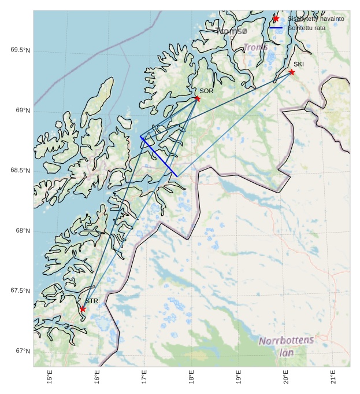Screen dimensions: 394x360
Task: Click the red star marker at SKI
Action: (291, 72)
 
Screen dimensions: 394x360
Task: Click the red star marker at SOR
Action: (197, 98)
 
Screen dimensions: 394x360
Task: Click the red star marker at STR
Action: (83, 309)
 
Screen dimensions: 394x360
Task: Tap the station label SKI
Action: (298, 64)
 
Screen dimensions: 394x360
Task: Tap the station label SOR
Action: (206, 91)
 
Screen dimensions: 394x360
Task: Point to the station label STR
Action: (91, 301)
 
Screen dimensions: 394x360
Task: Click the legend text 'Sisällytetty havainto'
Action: (316, 19)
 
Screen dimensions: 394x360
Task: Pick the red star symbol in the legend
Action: (276, 19)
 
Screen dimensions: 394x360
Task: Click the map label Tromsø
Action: (231, 31)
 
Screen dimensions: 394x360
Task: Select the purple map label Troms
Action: (255, 47)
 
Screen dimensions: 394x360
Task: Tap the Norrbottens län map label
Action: (286, 346)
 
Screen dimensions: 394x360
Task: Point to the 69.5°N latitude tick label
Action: (20, 50)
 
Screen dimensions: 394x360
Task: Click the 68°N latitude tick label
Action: (23, 231)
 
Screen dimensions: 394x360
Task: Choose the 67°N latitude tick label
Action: (23, 351)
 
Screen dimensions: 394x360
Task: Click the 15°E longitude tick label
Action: (50, 377)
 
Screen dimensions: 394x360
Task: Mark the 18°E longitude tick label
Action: (191, 377)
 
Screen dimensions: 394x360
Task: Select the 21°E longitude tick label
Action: (333, 377)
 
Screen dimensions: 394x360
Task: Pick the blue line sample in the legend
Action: (276, 28)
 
